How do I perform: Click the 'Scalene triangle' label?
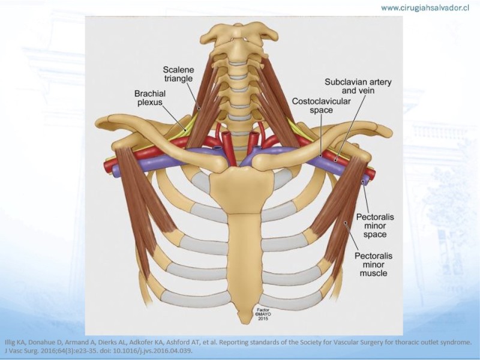[x=178, y=74]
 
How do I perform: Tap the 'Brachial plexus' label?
[x=149, y=97]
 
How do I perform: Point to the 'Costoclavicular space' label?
[x=321, y=106]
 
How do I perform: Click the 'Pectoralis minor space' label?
[x=374, y=226]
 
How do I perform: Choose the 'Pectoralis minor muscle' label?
[x=373, y=264]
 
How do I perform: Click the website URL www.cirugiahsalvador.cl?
[x=425, y=8]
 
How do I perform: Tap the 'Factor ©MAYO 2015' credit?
[x=263, y=314]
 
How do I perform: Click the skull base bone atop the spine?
[x=239, y=32]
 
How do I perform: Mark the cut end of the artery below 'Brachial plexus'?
[x=108, y=166]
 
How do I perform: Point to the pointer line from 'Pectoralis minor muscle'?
[x=352, y=236]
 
